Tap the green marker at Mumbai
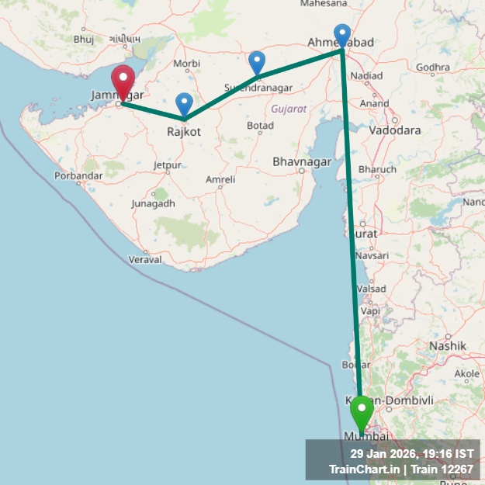[x=362, y=411]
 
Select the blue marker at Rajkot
[x=184, y=105]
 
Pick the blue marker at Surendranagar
[x=257, y=63]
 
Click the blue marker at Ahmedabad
[x=342, y=36]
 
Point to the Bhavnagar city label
[x=302, y=162]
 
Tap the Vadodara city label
[x=395, y=130]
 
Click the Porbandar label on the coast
[x=78, y=176]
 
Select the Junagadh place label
[x=154, y=203]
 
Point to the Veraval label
[x=145, y=259]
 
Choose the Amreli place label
[x=220, y=180]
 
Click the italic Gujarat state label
[x=289, y=109]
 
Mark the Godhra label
[x=432, y=68]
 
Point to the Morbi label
[x=187, y=63]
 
